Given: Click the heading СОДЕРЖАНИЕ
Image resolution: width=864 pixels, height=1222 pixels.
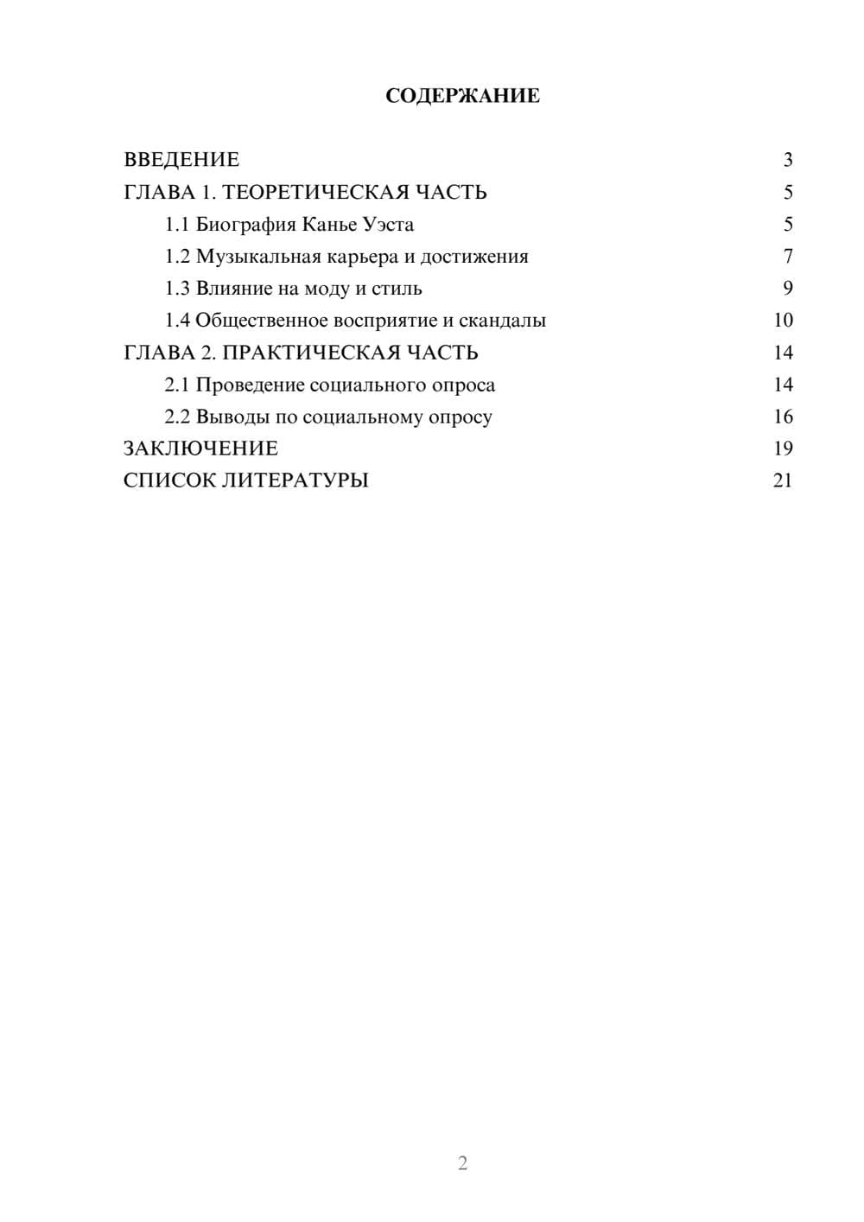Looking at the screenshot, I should tap(462, 96).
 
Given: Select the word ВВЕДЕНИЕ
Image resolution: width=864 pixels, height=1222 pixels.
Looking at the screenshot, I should tap(181, 160).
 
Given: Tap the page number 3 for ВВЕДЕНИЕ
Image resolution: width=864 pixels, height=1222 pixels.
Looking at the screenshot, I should tap(787, 160).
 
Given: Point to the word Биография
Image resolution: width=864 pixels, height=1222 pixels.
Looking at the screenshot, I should tap(245, 225).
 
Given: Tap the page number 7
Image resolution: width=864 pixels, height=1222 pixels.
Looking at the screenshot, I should tap(787, 257).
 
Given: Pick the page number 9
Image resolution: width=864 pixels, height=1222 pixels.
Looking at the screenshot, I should tap(787, 289).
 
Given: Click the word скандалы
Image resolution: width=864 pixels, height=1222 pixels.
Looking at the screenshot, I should tap(502, 321).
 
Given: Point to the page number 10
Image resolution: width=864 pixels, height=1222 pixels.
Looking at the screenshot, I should tap(783, 321).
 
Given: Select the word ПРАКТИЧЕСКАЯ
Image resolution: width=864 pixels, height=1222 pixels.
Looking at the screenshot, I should tap(308, 353).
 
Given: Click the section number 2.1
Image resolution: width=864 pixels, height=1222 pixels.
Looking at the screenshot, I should tap(177, 385).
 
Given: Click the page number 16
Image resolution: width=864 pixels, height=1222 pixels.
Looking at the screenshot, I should tap(783, 417).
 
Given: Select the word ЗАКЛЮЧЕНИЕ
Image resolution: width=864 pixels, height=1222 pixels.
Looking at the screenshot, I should tap(200, 449).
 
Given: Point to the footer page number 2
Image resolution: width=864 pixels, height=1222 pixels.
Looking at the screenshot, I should tap(462, 1163).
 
